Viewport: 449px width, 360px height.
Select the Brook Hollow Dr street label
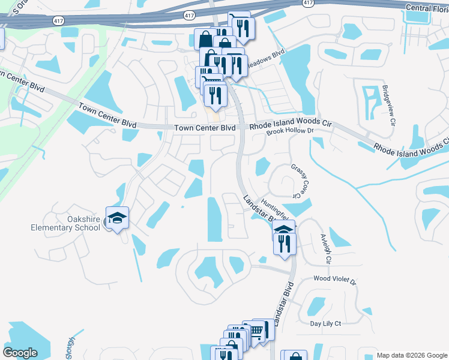click(x=291, y=131)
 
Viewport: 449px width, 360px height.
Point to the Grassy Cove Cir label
click(x=295, y=182)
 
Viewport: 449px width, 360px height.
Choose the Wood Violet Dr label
click(x=335, y=280)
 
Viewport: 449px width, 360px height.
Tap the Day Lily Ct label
click(x=325, y=324)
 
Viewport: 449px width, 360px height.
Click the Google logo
click(x=20, y=353)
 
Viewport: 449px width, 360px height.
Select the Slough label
click(x=70, y=352)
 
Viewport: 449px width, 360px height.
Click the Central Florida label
click(x=427, y=8)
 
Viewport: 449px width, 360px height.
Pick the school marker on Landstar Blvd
click(x=285, y=230)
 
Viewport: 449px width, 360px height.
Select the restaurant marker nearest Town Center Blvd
click(x=214, y=95)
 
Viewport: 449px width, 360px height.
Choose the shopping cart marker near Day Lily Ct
click(x=256, y=330)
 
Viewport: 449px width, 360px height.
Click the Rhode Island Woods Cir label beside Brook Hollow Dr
click(x=291, y=124)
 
